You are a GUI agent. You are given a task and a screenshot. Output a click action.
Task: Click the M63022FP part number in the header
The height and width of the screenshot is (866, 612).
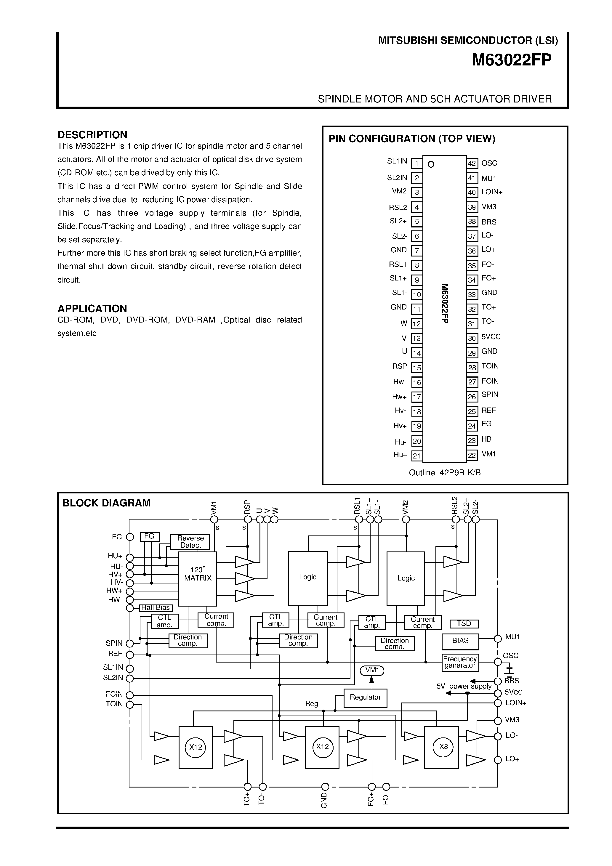pos(511,60)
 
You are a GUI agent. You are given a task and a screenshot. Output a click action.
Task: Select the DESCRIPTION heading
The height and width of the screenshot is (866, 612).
pos(92,135)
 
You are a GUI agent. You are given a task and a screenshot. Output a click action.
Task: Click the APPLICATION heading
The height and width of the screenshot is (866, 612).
pos(92,309)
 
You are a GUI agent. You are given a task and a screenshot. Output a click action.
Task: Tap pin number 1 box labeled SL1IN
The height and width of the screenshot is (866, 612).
pos(416,163)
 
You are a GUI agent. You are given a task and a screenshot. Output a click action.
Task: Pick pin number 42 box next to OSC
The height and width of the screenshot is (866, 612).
pos(472,163)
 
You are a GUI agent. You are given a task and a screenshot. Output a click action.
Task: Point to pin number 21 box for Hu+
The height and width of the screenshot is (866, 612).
pos(416,456)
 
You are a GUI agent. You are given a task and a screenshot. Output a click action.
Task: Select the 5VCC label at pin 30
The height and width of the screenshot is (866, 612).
pos(491,336)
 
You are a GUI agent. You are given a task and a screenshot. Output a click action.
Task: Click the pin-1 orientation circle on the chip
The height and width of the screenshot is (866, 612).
pos(431,164)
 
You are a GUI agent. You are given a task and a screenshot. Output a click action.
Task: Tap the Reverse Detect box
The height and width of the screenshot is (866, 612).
pos(190,542)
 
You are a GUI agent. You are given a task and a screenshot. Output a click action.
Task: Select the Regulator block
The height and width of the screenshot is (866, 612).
pos(365,697)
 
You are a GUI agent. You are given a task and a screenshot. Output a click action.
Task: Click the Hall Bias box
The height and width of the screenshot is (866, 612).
pos(156,608)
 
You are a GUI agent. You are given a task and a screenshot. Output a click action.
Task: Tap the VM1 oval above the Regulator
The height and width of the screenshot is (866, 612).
pos(372,670)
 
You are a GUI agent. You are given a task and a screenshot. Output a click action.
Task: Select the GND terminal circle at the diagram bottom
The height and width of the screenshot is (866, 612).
pos(325,787)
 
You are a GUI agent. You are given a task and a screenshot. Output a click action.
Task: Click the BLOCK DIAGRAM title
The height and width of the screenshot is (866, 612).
pos(106,503)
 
